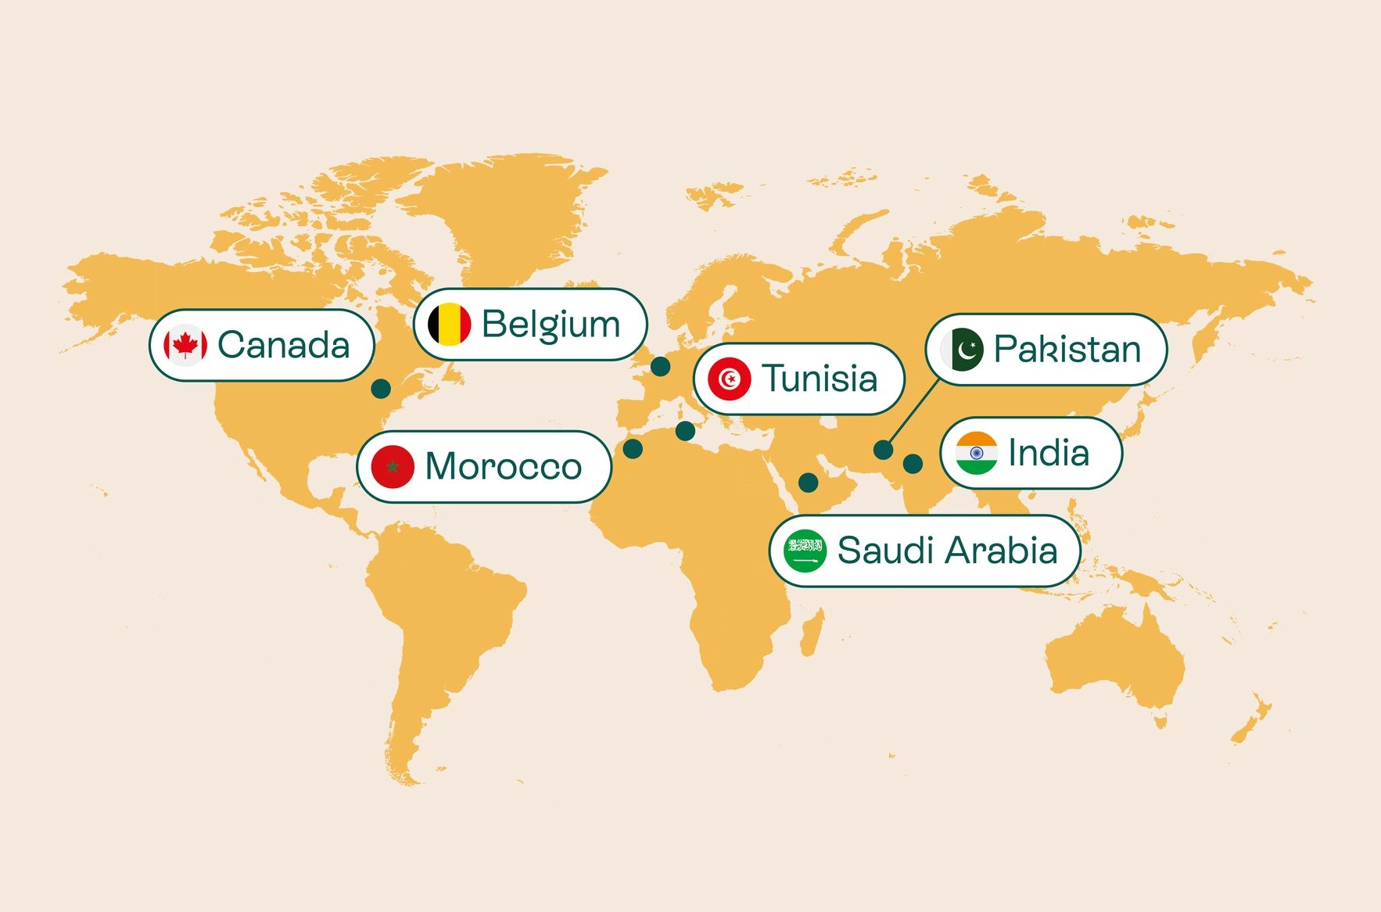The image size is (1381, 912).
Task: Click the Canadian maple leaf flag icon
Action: (185, 345)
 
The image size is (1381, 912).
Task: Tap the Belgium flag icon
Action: (450, 324)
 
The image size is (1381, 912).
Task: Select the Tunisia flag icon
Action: (729, 379)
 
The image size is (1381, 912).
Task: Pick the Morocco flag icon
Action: (393, 467)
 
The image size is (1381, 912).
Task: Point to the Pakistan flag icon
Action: (962, 350)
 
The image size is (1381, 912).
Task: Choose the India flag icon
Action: (976, 453)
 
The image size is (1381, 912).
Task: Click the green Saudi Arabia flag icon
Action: (805, 551)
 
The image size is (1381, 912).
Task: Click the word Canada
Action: (283, 345)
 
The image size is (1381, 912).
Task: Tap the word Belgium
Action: (551, 325)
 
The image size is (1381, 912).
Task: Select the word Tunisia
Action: (820, 379)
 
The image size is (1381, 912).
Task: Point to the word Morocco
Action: (503, 467)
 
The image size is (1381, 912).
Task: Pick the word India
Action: (1048, 453)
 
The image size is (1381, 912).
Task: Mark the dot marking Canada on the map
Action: (381, 388)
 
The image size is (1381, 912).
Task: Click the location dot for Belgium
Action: (660, 366)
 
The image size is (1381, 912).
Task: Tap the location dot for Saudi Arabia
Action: (808, 483)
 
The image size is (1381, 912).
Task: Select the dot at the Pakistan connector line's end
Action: (883, 450)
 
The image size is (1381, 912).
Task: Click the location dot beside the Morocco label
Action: (633, 449)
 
